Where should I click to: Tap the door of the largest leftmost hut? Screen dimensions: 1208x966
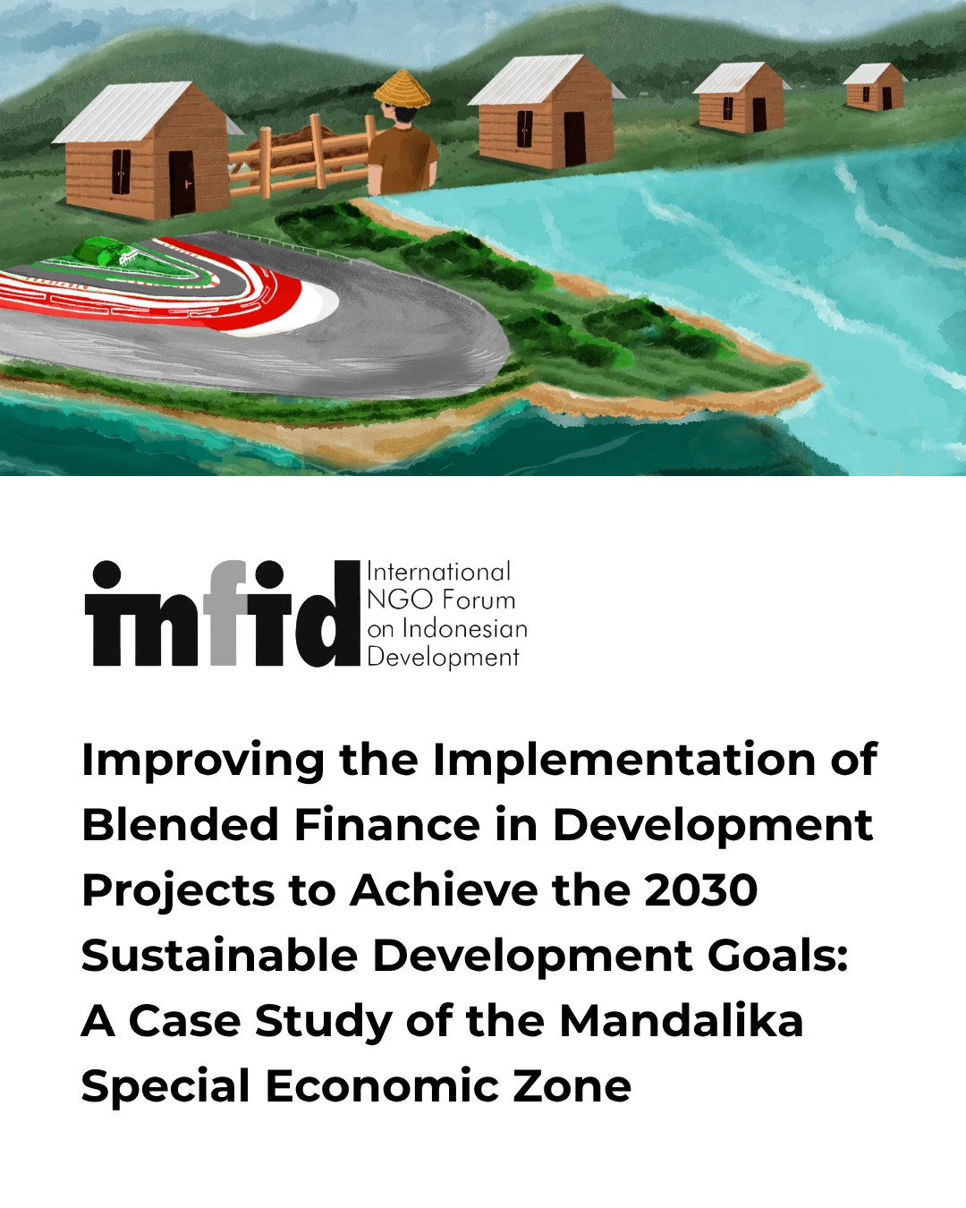click(182, 182)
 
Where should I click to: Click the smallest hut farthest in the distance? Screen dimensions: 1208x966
click(874, 87)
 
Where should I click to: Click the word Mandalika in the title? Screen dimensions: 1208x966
click(681, 1021)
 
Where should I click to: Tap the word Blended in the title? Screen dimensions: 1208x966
click(181, 825)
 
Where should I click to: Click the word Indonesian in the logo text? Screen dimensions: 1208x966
click(465, 628)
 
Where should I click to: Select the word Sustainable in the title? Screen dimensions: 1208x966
click(219, 956)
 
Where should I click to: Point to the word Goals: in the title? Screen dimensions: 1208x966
click(777, 956)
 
